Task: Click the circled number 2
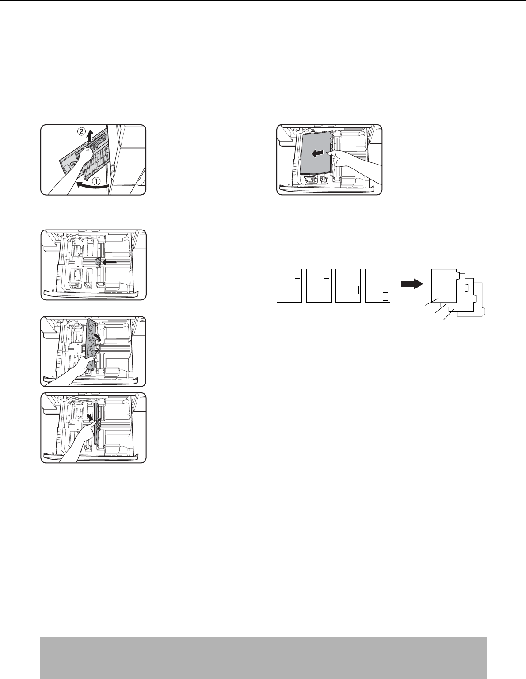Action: point(81,132)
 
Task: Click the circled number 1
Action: point(96,181)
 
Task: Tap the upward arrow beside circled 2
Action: point(90,137)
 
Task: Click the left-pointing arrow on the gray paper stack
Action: point(318,153)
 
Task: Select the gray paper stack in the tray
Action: point(315,153)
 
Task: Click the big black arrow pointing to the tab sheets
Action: point(412,284)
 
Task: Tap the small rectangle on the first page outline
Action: point(297,274)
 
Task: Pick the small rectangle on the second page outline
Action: point(327,282)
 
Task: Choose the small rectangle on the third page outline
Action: point(356,290)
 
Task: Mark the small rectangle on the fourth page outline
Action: point(385,296)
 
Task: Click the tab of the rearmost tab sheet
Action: point(484,311)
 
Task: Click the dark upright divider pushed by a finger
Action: point(96,424)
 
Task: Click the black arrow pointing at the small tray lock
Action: point(109,262)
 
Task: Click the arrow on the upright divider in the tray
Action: point(90,417)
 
